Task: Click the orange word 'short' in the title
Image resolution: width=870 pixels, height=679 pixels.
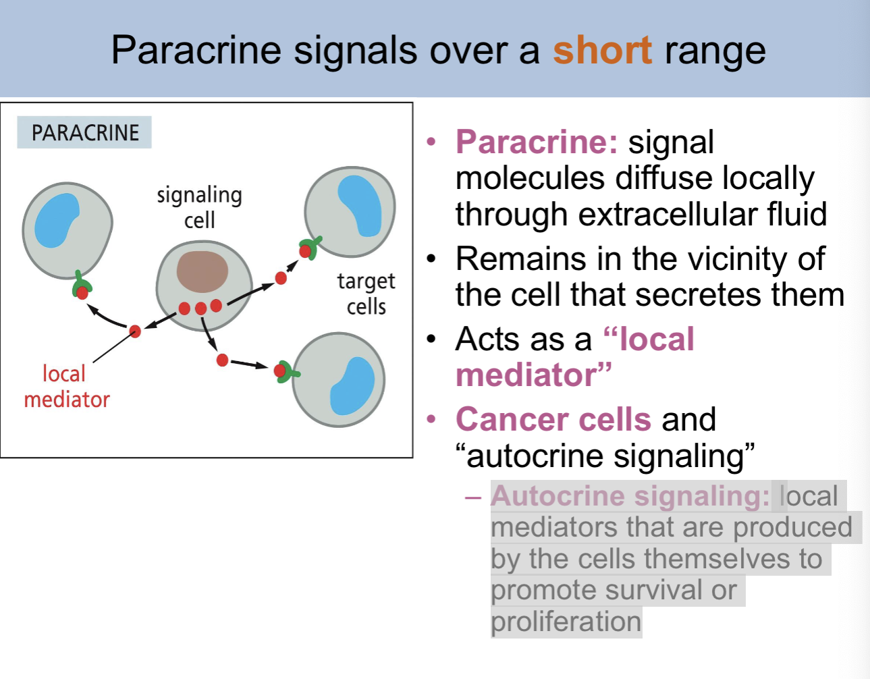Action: pyautogui.click(x=602, y=50)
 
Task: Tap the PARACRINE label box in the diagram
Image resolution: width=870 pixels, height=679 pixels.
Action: pyautogui.click(x=84, y=132)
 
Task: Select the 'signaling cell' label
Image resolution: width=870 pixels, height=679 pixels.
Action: pyautogui.click(x=199, y=207)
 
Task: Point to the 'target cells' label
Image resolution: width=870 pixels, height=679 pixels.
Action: pyautogui.click(x=366, y=294)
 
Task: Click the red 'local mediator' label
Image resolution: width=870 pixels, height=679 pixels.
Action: pyautogui.click(x=66, y=386)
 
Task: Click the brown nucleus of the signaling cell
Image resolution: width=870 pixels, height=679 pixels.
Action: pyautogui.click(x=202, y=271)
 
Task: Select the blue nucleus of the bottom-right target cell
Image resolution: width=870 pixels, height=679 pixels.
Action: pyautogui.click(x=352, y=385)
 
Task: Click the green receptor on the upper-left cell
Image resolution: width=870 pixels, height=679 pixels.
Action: pyautogui.click(x=82, y=284)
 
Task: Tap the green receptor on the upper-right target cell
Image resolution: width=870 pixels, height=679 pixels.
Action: pyautogui.click(x=310, y=247)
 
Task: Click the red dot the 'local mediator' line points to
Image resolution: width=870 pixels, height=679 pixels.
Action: pyautogui.click(x=135, y=331)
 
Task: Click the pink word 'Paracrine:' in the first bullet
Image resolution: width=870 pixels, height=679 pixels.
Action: pyautogui.click(x=537, y=142)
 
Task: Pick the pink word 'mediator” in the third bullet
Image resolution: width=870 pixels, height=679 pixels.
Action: pyautogui.click(x=533, y=375)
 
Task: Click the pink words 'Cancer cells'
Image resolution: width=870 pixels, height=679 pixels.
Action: pyautogui.click(x=553, y=419)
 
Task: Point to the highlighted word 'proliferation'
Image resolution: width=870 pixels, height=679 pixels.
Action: pyautogui.click(x=566, y=622)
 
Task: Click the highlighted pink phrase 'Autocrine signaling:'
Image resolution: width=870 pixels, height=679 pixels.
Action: pyautogui.click(x=630, y=496)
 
